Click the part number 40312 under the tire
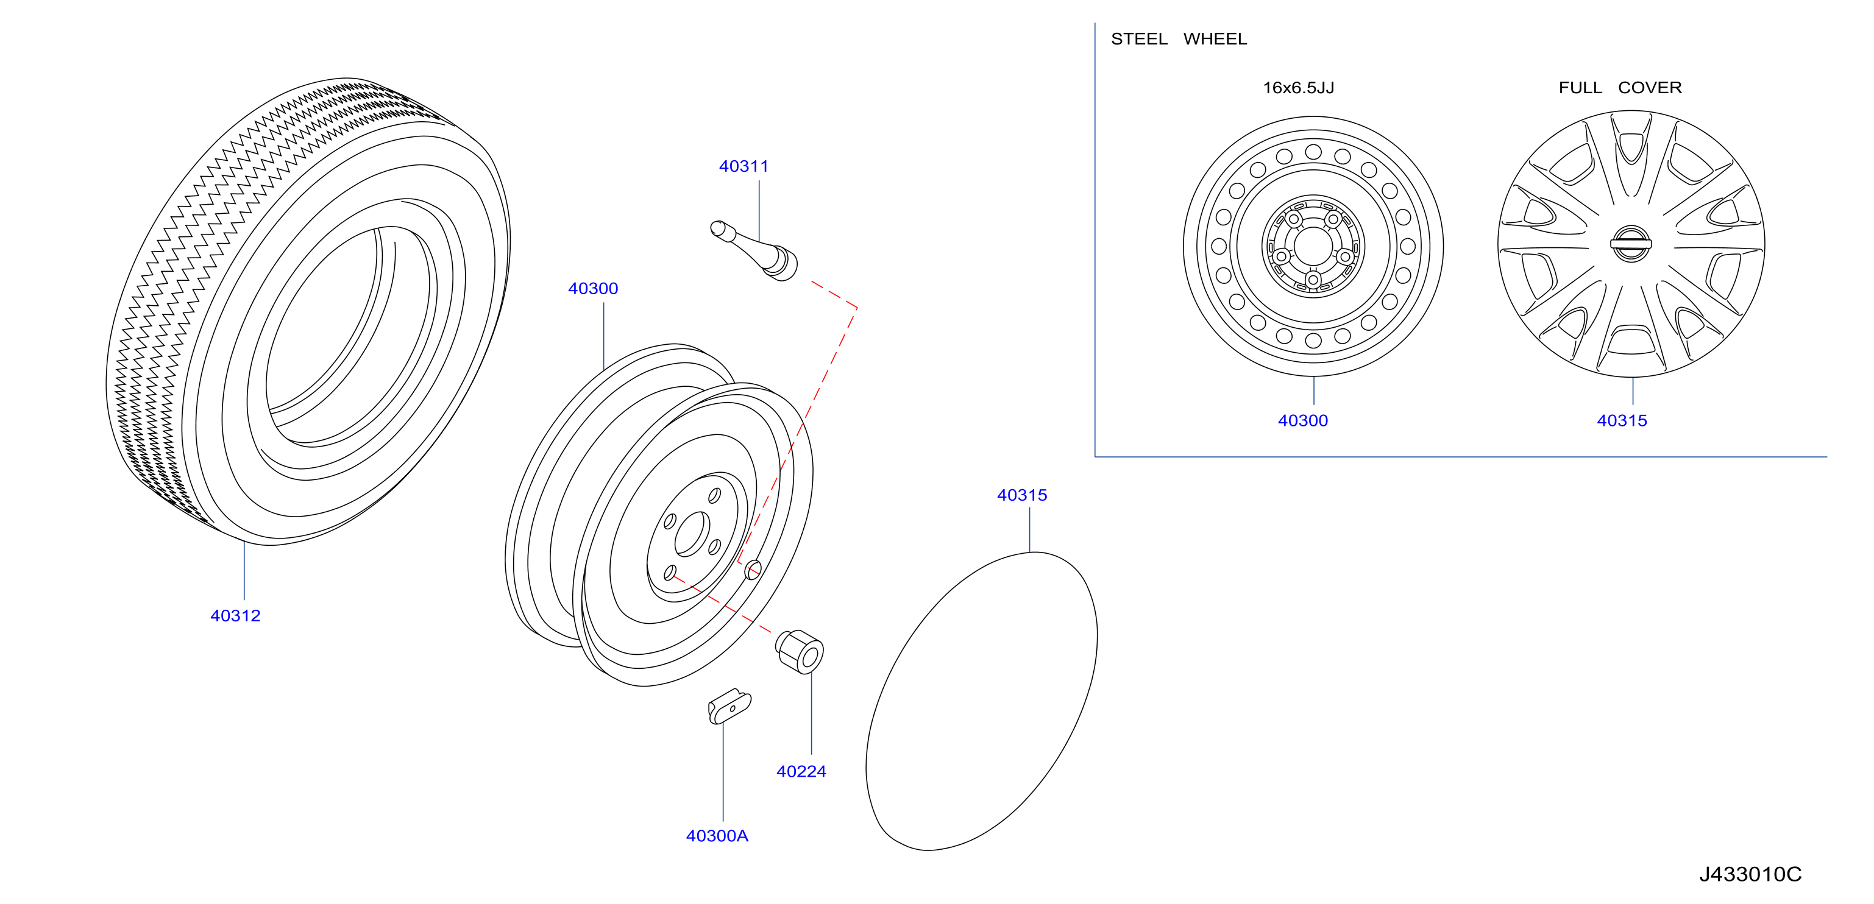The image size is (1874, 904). point(235,615)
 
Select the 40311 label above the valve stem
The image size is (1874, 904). point(744,166)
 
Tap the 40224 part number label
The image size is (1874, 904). point(801,771)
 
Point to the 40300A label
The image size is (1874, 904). point(717,836)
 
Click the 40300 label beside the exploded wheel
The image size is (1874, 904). point(593,288)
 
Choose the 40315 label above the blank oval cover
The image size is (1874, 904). point(1022,495)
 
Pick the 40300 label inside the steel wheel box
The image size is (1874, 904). point(1303,420)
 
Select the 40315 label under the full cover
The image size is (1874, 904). point(1622,420)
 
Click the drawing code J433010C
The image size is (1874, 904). point(1750,874)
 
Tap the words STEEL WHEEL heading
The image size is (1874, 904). point(1179,38)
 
